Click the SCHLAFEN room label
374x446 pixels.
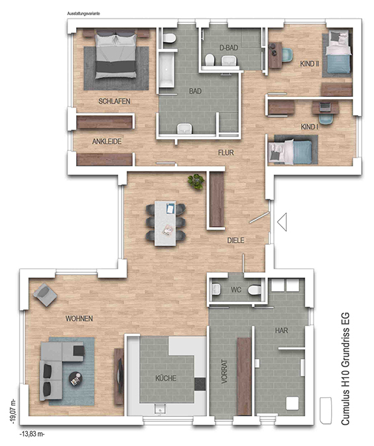click(x=114, y=101)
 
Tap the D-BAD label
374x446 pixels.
click(x=229, y=48)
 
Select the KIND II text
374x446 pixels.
click(x=310, y=64)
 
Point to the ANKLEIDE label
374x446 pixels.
click(x=107, y=141)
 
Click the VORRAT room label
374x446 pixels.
click(x=224, y=372)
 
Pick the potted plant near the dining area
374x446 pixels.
click(x=196, y=182)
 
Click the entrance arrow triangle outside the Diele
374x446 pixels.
click(x=282, y=222)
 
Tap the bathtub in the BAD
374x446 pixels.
click(x=167, y=70)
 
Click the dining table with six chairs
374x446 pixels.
click(x=166, y=223)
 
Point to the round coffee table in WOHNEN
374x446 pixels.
click(x=75, y=378)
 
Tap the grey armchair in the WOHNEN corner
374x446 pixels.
click(x=45, y=295)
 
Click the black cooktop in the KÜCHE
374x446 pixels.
click(x=200, y=384)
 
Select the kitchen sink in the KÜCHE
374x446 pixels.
click(x=160, y=409)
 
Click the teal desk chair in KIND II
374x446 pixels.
click(x=287, y=55)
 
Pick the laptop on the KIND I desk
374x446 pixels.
click(x=325, y=107)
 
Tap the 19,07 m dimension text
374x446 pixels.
click(x=14, y=411)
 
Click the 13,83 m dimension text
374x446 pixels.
click(x=32, y=434)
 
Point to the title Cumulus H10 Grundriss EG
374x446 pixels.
click(x=345, y=369)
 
